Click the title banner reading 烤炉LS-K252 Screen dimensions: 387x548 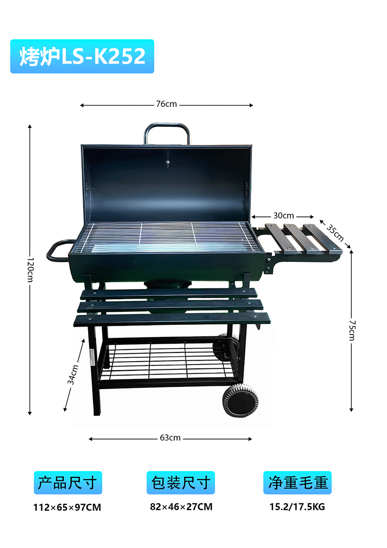point(82,56)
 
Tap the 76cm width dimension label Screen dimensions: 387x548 point(166,104)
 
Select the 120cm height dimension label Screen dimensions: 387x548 point(30,270)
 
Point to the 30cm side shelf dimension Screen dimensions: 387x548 point(283,215)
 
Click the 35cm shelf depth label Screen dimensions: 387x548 point(335,232)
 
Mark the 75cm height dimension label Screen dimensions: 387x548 point(352,330)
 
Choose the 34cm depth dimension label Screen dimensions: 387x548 point(73,375)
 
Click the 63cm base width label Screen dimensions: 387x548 point(170,438)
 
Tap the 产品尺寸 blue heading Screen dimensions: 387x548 point(68,483)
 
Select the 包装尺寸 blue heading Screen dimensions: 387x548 point(180,483)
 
